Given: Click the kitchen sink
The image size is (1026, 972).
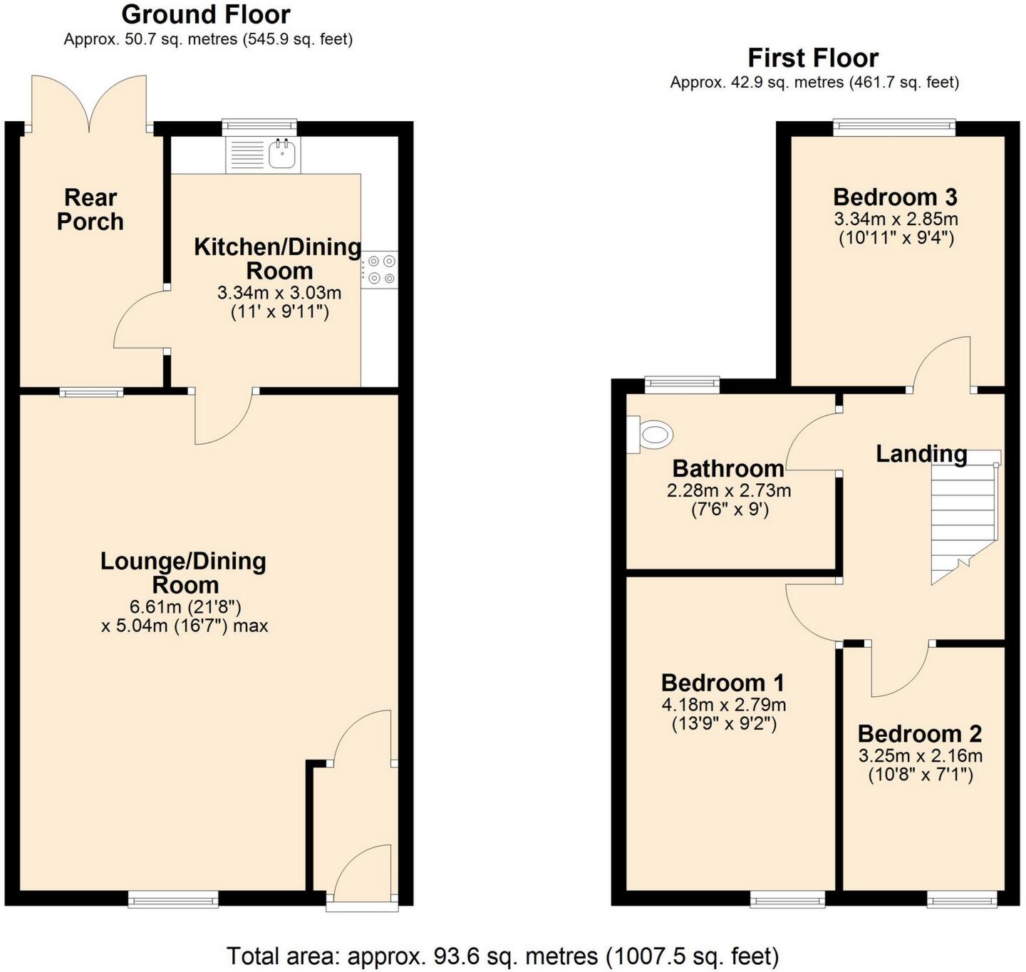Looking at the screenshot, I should [x=282, y=155].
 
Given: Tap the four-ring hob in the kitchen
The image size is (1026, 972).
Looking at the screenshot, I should [x=380, y=270].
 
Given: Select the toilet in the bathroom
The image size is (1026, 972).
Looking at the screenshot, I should [x=653, y=433].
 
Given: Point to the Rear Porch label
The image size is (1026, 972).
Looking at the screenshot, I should [x=90, y=210].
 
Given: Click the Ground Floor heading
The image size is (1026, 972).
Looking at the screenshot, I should [x=206, y=14].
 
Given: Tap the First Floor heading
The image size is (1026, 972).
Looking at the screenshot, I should [x=813, y=58].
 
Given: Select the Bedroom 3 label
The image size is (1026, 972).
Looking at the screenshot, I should [x=895, y=197].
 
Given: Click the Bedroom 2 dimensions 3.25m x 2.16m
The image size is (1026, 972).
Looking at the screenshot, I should [x=920, y=755].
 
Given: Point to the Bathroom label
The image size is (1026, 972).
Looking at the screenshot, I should [x=728, y=468].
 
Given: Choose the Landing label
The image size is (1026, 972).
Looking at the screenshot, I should [x=921, y=453].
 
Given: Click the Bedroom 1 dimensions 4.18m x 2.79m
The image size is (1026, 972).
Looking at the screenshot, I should [x=723, y=705].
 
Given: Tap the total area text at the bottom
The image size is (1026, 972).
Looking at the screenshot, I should [x=502, y=955].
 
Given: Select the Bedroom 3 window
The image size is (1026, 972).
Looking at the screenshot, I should [x=894, y=128].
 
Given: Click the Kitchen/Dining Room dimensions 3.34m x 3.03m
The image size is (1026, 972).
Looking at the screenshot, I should [x=279, y=292].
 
